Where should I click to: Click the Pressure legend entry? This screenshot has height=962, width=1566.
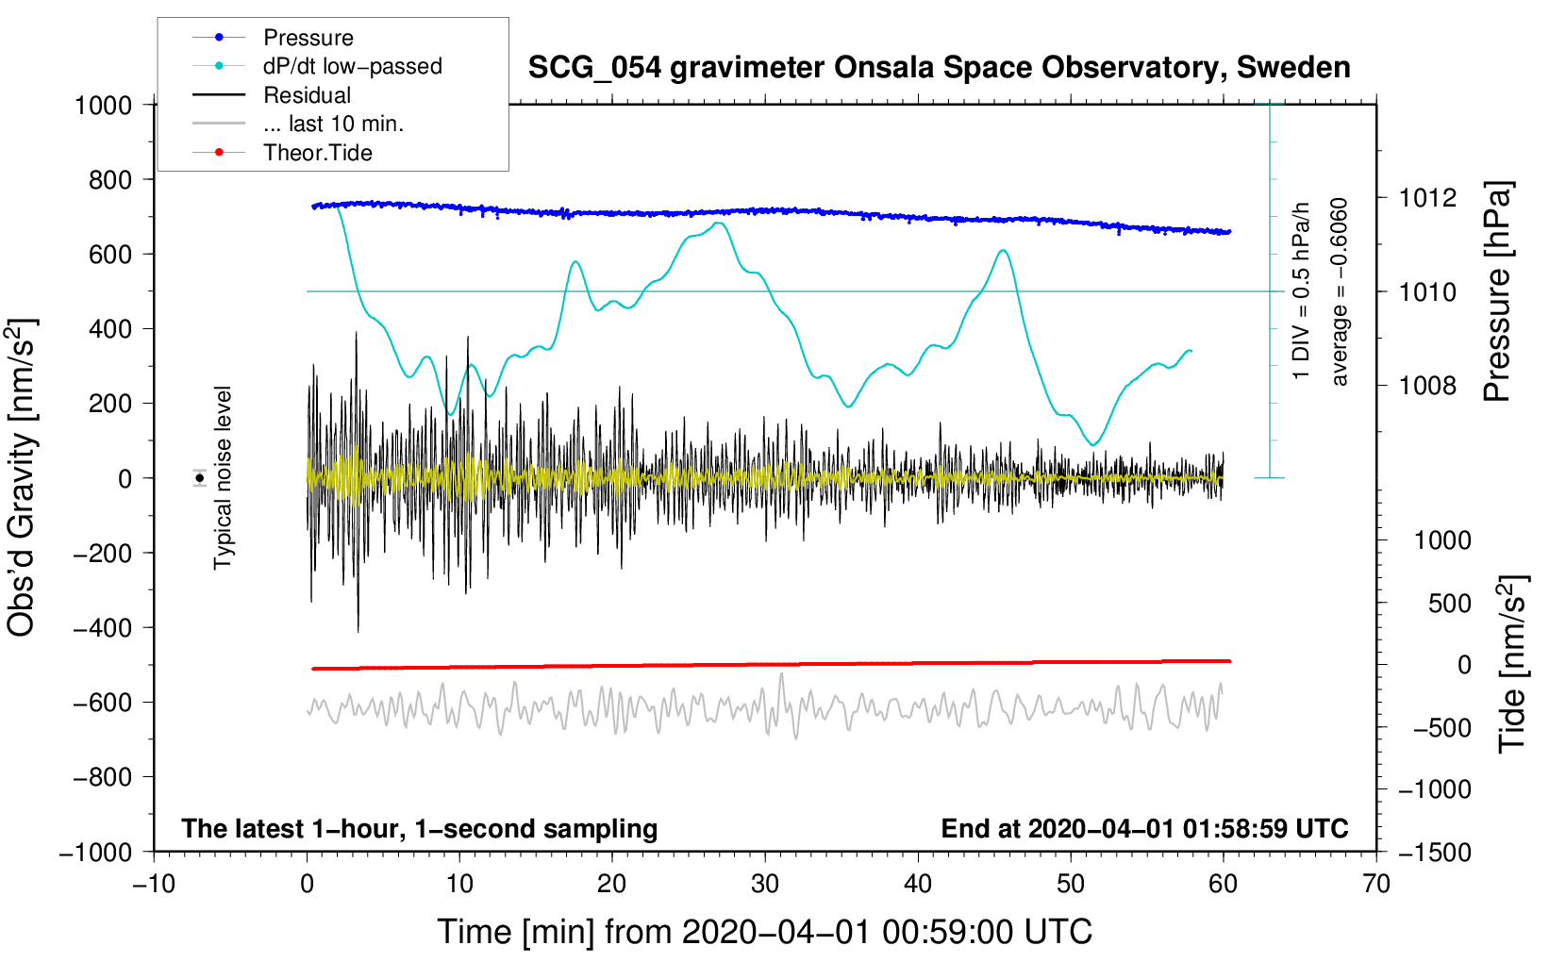point(308,38)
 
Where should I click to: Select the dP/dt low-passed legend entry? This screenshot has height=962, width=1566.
point(352,66)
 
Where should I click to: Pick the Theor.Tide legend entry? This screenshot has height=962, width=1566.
point(317,153)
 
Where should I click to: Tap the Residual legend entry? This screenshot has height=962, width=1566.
point(307,95)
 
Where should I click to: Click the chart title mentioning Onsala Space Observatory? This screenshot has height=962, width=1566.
point(939,68)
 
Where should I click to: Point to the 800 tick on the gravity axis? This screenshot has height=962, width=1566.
point(110,180)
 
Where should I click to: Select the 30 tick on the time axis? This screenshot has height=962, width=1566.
point(765,885)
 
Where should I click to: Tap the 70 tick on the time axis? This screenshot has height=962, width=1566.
point(1376,885)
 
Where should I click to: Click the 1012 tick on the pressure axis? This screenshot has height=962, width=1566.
point(1427,198)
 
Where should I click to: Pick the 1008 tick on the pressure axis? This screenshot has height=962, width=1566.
point(1427,386)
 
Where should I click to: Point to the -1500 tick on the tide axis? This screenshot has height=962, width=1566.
point(1434,853)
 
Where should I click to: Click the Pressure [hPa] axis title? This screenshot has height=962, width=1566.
point(1497,292)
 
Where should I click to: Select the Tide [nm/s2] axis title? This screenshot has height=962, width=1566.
point(1512,664)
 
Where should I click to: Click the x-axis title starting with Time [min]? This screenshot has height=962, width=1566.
point(765,932)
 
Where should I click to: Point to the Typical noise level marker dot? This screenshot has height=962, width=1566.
point(200,478)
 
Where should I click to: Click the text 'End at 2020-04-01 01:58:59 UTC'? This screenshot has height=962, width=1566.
point(1144,829)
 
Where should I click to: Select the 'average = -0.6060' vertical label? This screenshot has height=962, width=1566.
point(1339,292)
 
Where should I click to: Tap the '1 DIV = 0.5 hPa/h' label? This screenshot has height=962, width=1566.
point(1302,290)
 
